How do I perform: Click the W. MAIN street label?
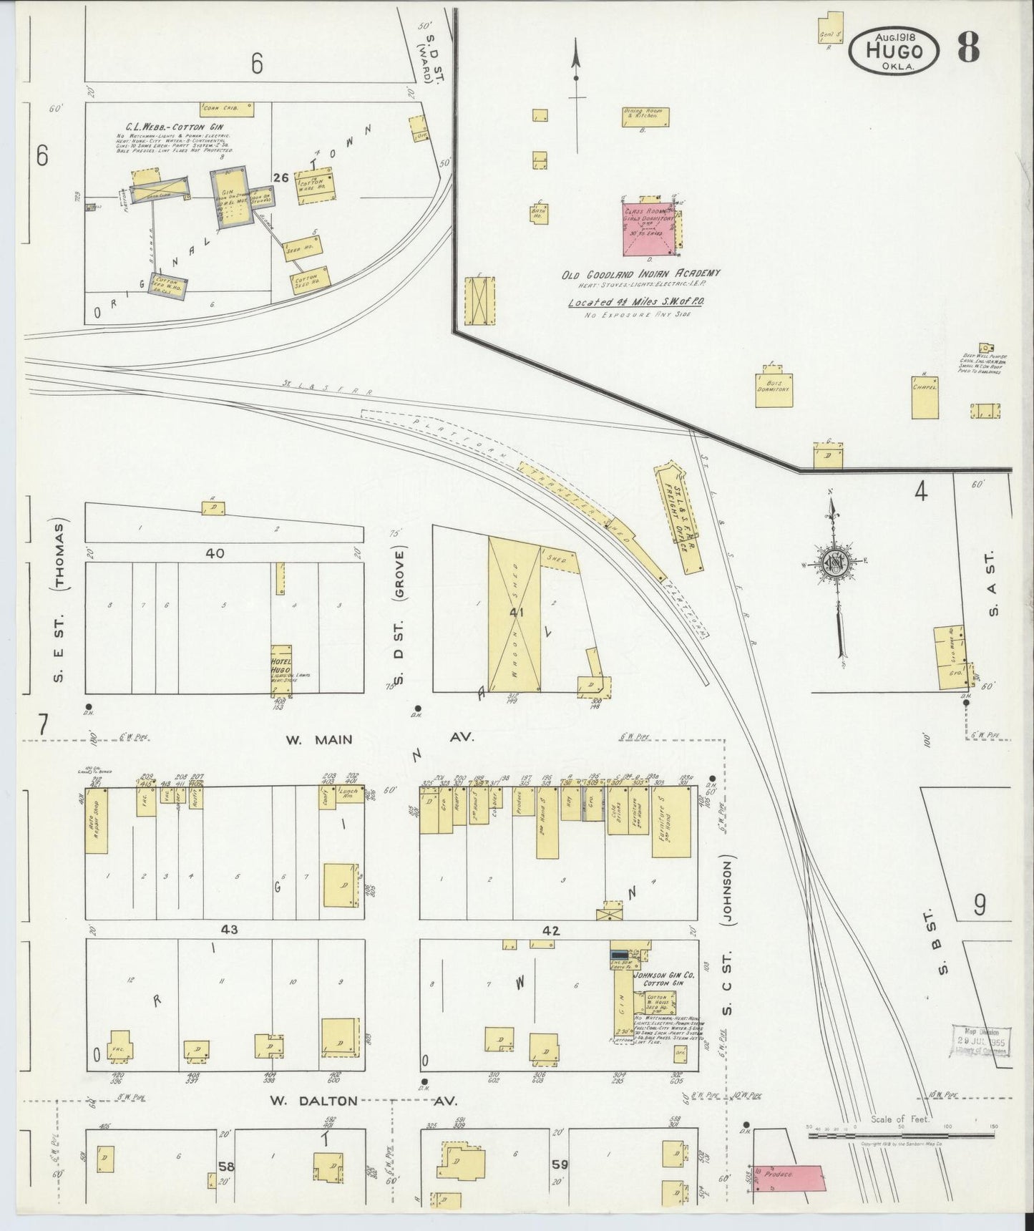[319, 740]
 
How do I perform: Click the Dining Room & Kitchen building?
[645, 117]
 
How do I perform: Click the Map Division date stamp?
[981, 1045]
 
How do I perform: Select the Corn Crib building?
[226, 109]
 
